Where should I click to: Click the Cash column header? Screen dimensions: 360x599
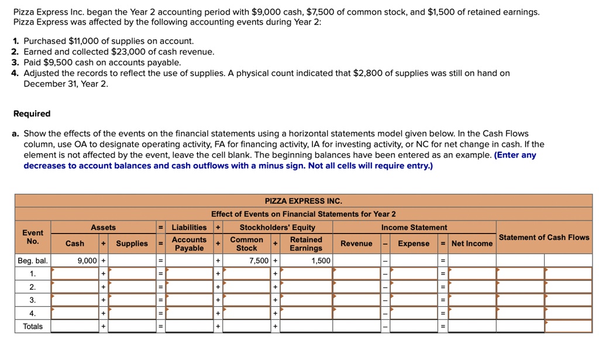tap(74, 244)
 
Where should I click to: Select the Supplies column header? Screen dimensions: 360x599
tap(132, 244)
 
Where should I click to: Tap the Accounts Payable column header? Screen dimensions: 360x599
tap(189, 244)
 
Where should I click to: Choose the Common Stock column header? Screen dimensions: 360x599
tap(246, 244)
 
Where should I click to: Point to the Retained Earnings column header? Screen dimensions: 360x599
tap(306, 244)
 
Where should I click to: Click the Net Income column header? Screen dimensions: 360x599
tap(471, 244)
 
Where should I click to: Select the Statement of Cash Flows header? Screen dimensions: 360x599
tap(543, 237)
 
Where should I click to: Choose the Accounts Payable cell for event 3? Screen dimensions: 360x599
tap(190, 300)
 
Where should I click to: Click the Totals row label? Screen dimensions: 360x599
tap(33, 326)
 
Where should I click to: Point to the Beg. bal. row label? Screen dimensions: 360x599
tap(33, 260)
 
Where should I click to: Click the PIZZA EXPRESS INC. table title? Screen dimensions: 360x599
tap(303, 201)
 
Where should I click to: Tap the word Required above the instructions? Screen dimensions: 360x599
tap(32, 114)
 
